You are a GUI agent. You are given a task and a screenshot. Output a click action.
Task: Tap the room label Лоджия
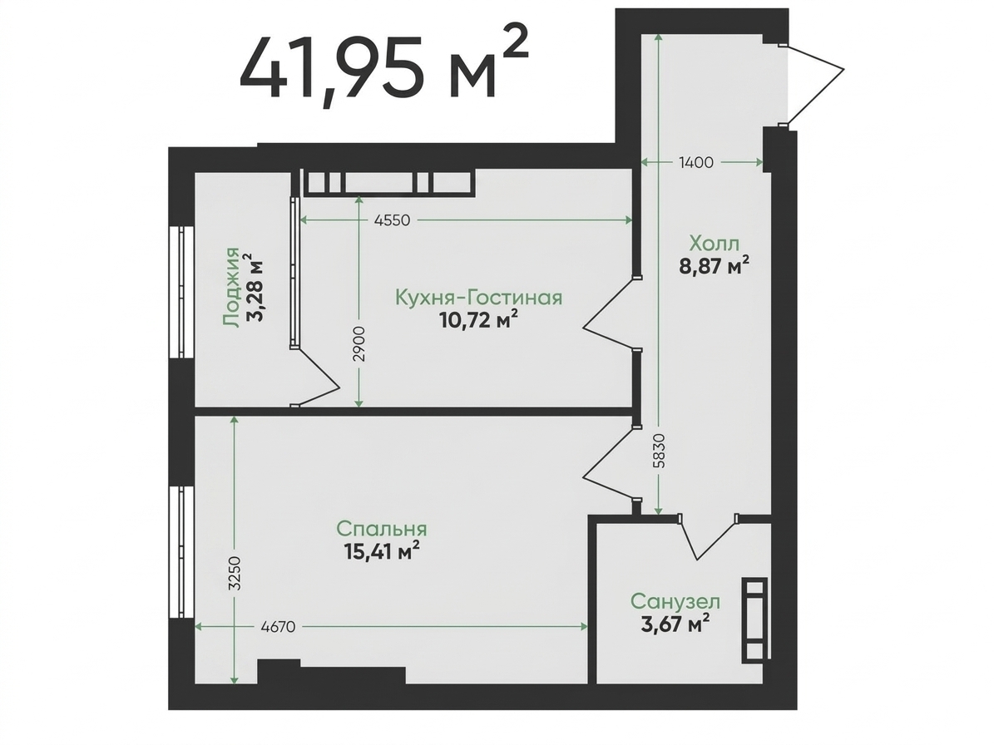[232, 288]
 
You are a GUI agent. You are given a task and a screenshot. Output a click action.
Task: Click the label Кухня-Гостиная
[478, 297]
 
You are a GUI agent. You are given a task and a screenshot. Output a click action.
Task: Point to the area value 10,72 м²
[478, 320]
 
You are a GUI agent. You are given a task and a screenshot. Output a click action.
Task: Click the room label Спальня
[382, 528]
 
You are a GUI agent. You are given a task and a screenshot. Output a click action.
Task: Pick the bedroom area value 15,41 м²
[382, 550]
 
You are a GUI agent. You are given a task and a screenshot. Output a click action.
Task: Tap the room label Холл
[714, 243]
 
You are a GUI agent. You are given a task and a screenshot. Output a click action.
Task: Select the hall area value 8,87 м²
[714, 265]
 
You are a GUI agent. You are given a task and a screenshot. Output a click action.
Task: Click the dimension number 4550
[393, 220]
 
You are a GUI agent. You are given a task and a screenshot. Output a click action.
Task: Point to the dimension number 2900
[359, 344]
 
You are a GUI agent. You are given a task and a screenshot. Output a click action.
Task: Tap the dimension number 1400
[696, 162]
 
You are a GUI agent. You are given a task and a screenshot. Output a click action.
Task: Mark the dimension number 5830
[660, 451]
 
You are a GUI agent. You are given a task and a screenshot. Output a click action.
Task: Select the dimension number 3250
[235, 574]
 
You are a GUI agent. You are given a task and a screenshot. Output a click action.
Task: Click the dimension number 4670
[279, 627]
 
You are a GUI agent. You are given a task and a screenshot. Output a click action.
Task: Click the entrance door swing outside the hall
[814, 84]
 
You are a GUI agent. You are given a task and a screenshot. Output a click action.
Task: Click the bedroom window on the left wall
[182, 552]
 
